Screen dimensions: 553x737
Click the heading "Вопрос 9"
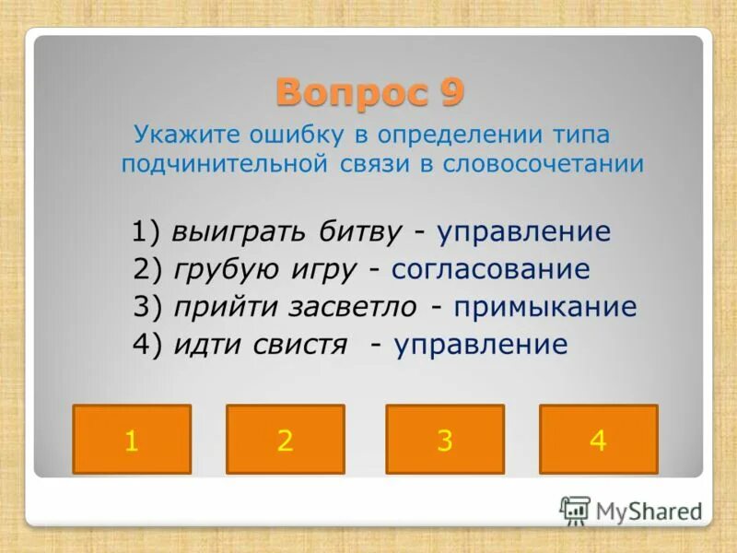(x=369, y=92)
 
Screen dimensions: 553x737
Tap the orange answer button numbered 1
(x=132, y=440)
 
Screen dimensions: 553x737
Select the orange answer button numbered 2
(x=285, y=440)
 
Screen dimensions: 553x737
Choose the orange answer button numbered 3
(x=445, y=440)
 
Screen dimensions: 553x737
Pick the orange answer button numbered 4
(x=598, y=440)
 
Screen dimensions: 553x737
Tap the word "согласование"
(x=490, y=270)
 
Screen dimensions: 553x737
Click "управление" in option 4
(x=481, y=345)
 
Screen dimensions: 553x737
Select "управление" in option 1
(x=524, y=232)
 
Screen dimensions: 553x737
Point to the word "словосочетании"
(x=544, y=165)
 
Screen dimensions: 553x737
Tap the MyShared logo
(x=631, y=510)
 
